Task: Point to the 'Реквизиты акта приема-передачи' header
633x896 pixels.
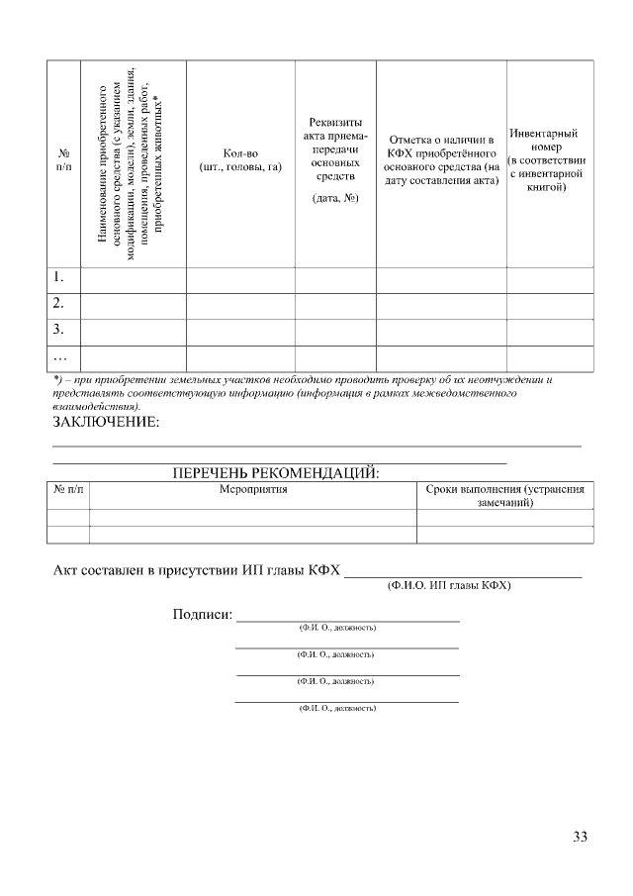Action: (x=335, y=149)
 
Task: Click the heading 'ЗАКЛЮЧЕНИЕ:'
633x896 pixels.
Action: (x=105, y=424)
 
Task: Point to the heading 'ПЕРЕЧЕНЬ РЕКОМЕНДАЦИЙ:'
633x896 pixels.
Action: (x=276, y=472)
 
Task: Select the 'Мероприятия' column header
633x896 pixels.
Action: (x=253, y=489)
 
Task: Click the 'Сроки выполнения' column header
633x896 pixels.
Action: (x=504, y=496)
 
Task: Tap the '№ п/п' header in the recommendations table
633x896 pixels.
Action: (x=68, y=489)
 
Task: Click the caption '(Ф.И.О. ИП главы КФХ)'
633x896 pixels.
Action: (x=448, y=586)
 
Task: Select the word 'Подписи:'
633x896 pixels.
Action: (x=202, y=615)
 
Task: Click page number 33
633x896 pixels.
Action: (x=580, y=838)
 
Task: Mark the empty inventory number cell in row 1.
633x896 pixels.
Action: (x=550, y=280)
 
